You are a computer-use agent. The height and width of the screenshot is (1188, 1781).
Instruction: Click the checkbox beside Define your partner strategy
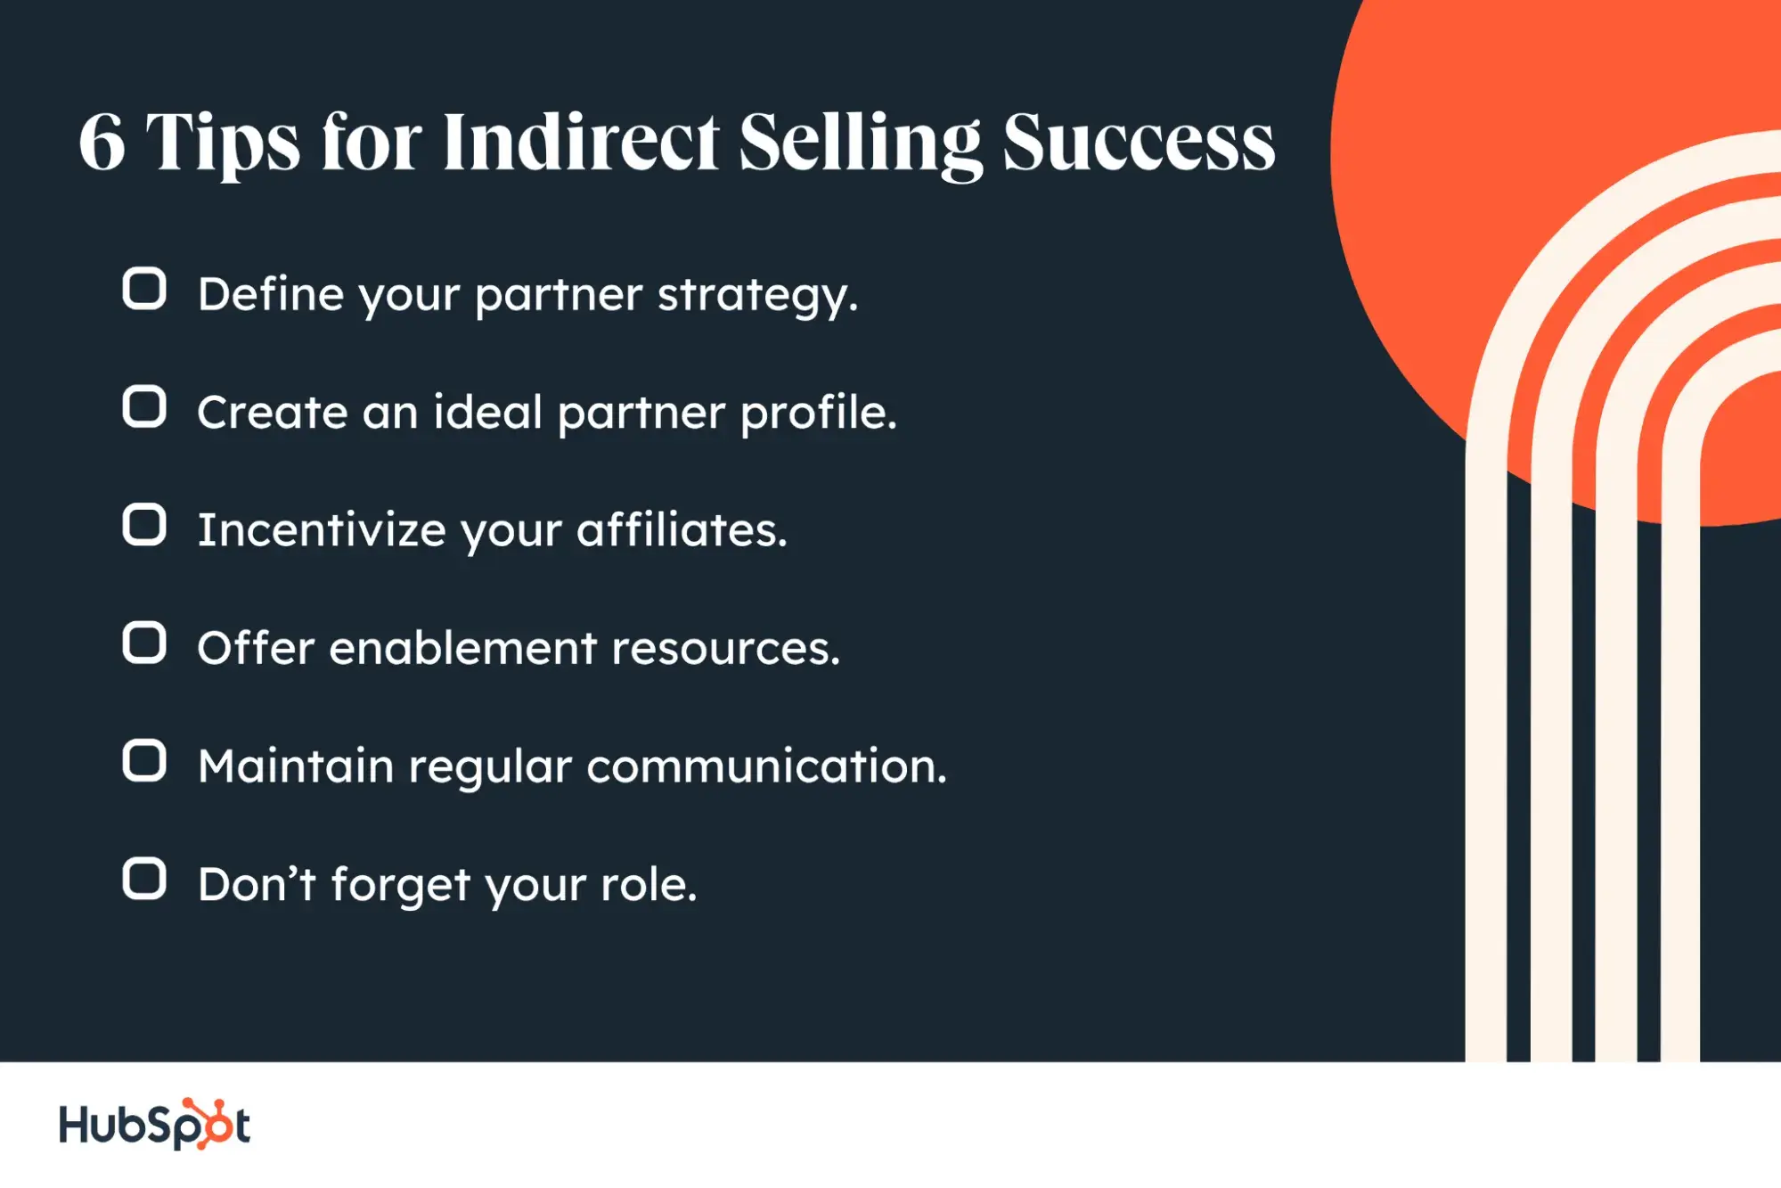(144, 289)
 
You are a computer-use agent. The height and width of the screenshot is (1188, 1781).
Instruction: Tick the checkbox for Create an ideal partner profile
(144, 407)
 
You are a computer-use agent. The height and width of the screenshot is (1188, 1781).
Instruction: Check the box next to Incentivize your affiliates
(144, 525)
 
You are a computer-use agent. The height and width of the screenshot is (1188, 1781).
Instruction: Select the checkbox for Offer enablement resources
(144, 643)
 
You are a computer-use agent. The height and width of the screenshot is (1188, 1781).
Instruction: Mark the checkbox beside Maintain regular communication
(144, 761)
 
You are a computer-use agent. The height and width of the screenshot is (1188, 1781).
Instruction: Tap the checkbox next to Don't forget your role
(144, 880)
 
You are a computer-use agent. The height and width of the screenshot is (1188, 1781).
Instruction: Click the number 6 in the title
(102, 143)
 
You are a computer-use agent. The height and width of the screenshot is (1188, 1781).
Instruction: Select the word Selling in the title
(861, 145)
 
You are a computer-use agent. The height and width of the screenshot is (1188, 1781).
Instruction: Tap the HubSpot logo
(154, 1124)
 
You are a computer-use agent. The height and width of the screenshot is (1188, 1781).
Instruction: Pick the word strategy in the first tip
(757, 296)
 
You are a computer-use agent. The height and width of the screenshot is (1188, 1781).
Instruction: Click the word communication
(766, 766)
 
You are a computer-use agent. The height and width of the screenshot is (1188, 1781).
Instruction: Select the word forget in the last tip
(401, 884)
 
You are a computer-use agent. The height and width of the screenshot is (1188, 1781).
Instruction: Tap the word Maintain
(296, 766)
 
